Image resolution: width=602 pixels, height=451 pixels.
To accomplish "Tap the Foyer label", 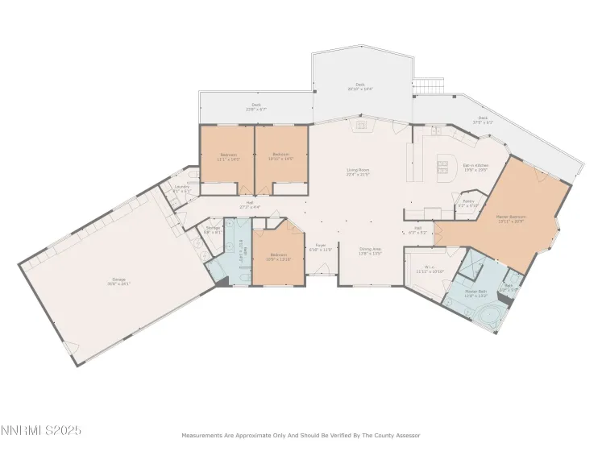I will coord(321,247).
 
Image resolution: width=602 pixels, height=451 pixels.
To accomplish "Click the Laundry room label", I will coord(183,189).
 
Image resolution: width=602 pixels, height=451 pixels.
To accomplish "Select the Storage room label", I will coord(213,230).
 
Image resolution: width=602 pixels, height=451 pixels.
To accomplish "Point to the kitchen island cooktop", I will coord(442,167).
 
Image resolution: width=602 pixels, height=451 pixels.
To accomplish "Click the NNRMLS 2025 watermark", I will coord(40,431).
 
